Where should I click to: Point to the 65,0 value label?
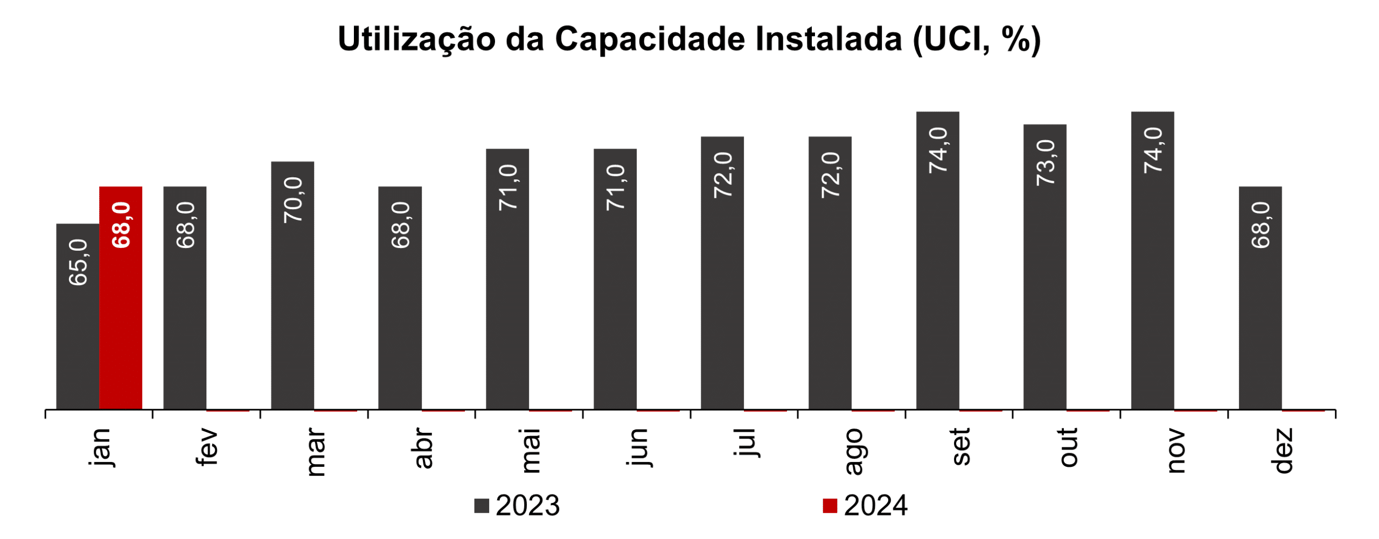79,262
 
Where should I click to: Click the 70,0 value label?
294,200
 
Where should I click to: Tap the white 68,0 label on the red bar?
121,225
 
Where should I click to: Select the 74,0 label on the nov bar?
1154,150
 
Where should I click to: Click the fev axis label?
207,447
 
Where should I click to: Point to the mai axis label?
531,451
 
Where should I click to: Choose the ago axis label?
854,452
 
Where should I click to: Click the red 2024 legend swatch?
830,506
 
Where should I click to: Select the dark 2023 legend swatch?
482,506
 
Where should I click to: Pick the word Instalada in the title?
828,39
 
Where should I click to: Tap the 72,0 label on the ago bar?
831,175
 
